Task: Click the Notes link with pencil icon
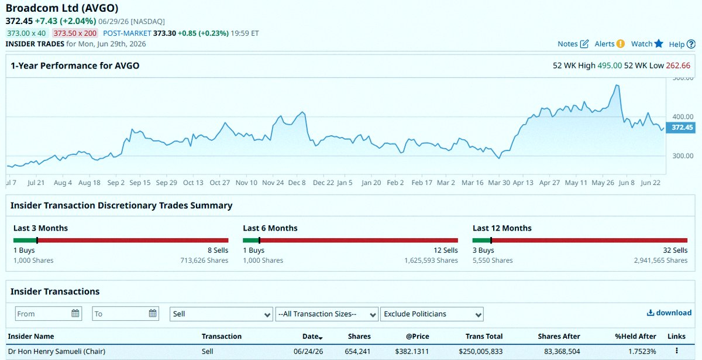[x=573, y=44]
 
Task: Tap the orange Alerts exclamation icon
[x=620, y=43]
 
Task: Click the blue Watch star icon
[x=659, y=43]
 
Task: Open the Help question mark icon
[x=691, y=44]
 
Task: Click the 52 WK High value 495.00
[x=610, y=66]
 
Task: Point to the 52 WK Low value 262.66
[x=678, y=66]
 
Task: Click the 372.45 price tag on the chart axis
[x=680, y=128]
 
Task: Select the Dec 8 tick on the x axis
[x=297, y=183]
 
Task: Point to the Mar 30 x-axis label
[x=499, y=183]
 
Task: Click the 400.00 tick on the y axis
[x=683, y=116]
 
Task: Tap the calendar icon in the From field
[x=75, y=313]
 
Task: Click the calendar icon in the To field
[x=153, y=313]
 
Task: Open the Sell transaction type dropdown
[x=221, y=314]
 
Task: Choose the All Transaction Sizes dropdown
[x=326, y=314]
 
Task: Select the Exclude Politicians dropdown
[x=432, y=314]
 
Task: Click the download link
[x=669, y=313]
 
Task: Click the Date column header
[x=312, y=337]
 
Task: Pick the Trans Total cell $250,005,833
[x=480, y=352]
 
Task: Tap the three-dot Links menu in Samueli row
[x=677, y=351]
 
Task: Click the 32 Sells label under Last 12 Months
[x=675, y=251]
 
